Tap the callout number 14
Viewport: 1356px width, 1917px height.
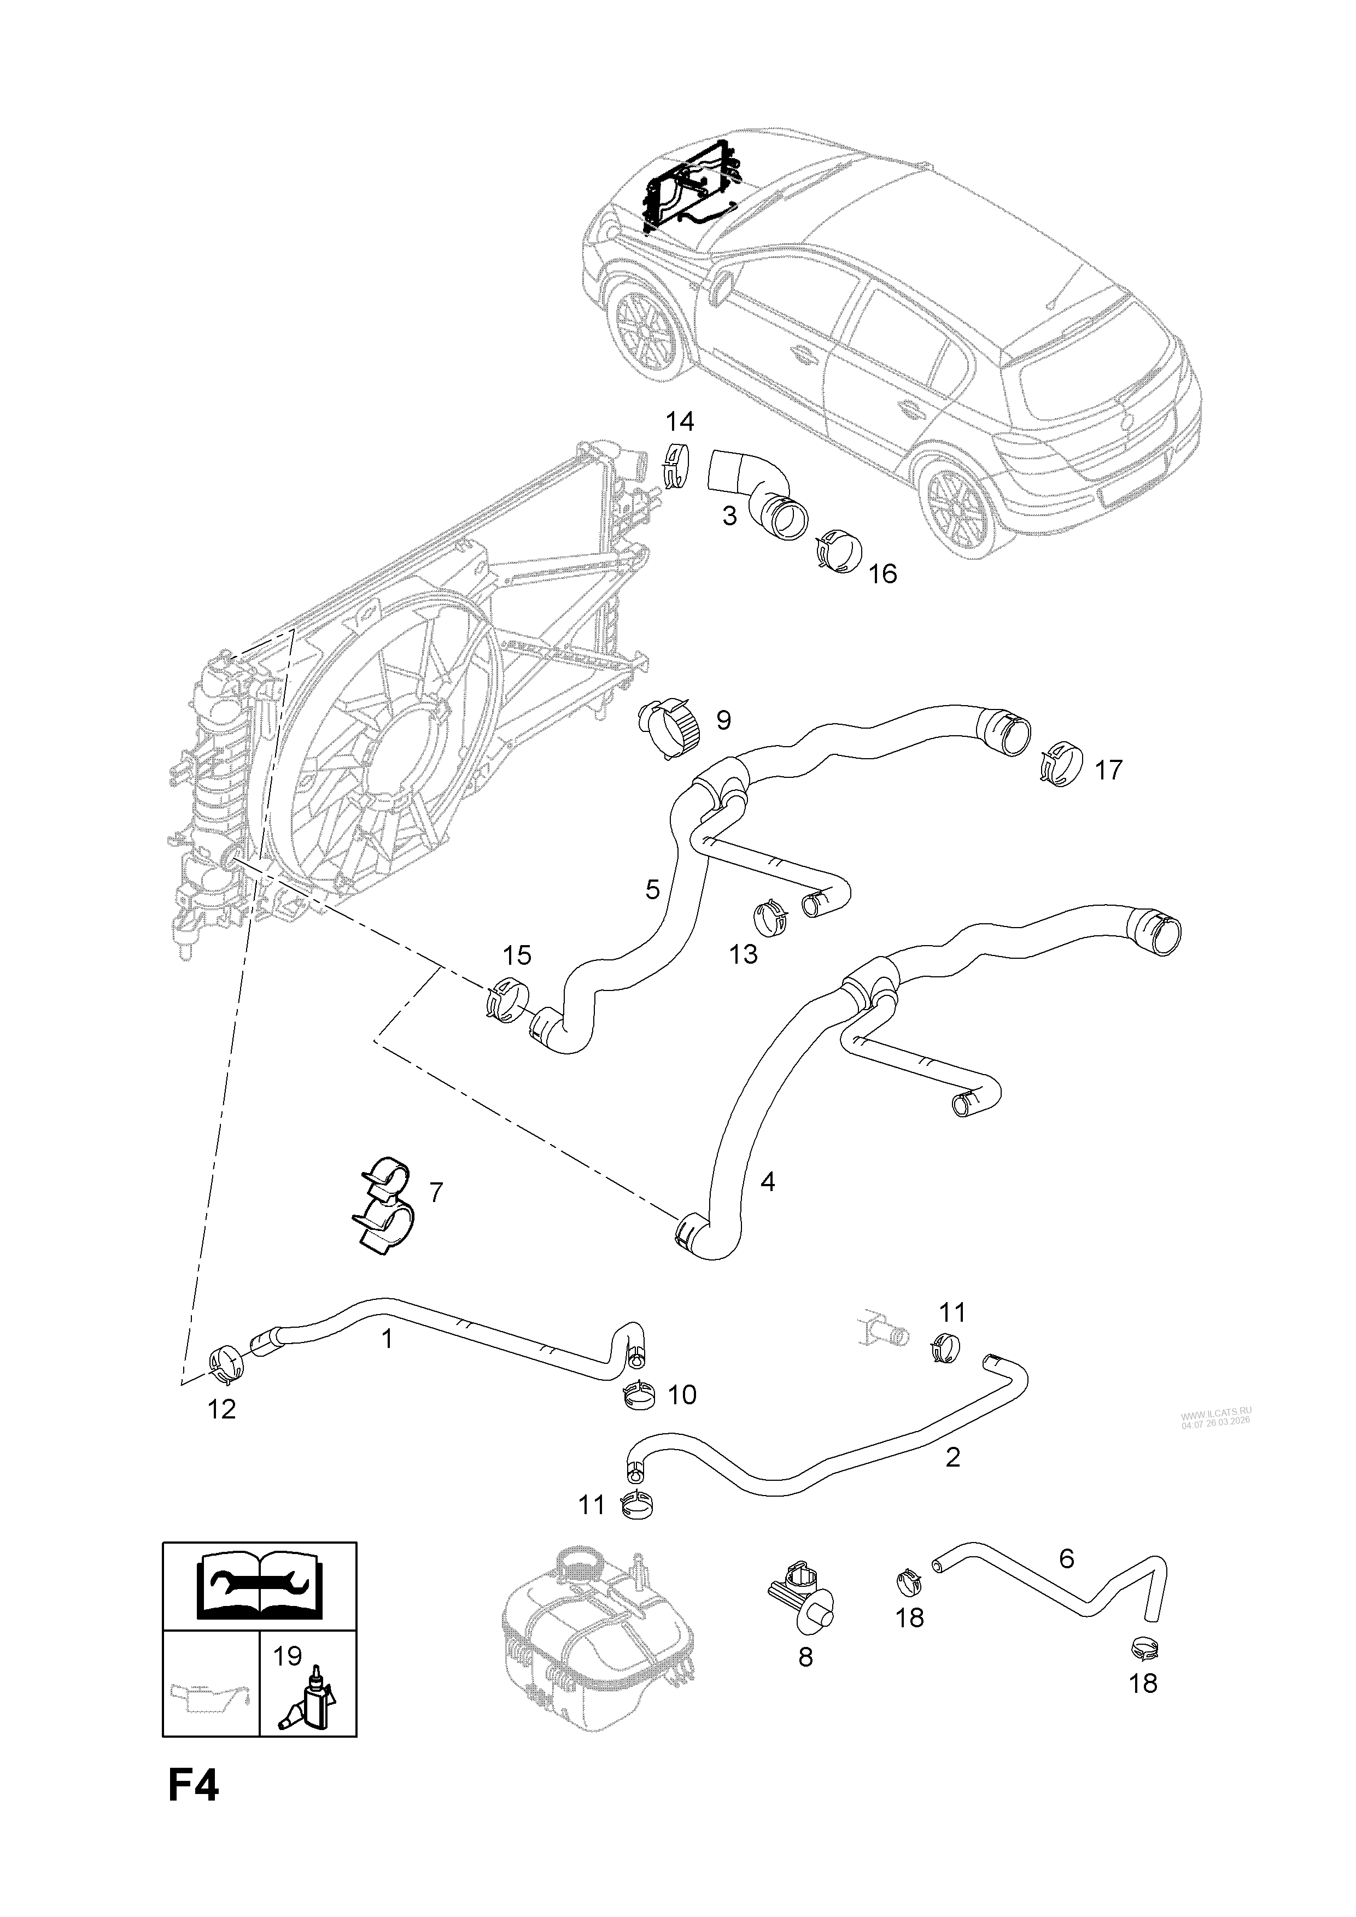tap(680, 421)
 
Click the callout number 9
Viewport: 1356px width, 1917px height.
tap(723, 720)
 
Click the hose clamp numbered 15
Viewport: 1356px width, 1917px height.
tap(507, 996)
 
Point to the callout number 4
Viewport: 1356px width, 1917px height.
tap(767, 1181)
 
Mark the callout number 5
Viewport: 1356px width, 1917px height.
tap(652, 889)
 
